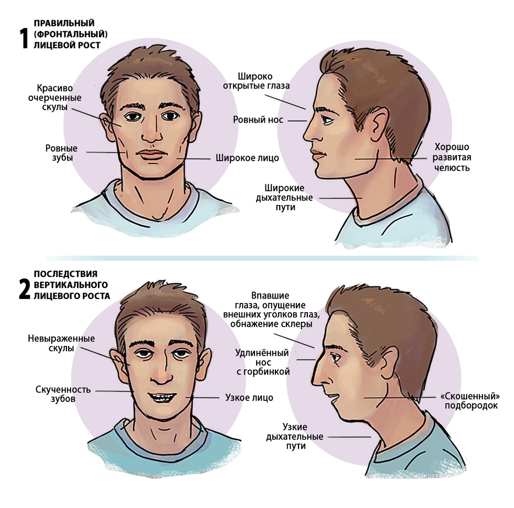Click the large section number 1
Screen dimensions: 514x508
tap(24, 38)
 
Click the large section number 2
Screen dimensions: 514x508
tap(25, 289)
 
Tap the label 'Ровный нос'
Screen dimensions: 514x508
tap(258, 120)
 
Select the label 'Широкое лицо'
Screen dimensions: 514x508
tap(247, 158)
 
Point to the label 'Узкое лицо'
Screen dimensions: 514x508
tap(249, 397)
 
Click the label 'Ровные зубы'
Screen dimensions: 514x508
tap(62, 153)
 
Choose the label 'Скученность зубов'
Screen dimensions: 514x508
tap(63, 394)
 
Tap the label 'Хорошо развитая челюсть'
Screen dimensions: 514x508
tap(451, 157)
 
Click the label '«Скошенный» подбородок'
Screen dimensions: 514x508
tap(471, 401)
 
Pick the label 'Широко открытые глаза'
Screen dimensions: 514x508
tap(256, 81)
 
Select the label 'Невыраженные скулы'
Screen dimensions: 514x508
tap(62, 343)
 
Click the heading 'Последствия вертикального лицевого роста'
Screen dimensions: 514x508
tap(72, 285)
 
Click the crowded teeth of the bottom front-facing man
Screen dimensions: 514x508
tap(163, 397)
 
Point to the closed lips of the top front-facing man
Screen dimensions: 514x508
tap(151, 154)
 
